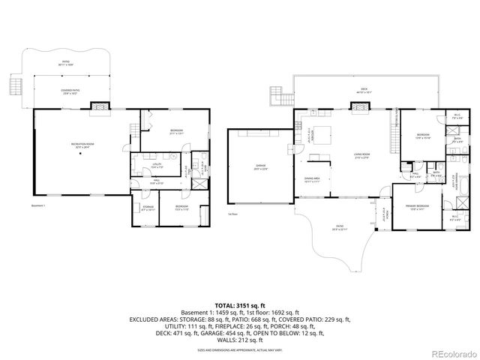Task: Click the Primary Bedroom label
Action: [418, 207]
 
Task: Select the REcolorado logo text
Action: [448, 352]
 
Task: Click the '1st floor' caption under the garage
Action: [232, 214]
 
